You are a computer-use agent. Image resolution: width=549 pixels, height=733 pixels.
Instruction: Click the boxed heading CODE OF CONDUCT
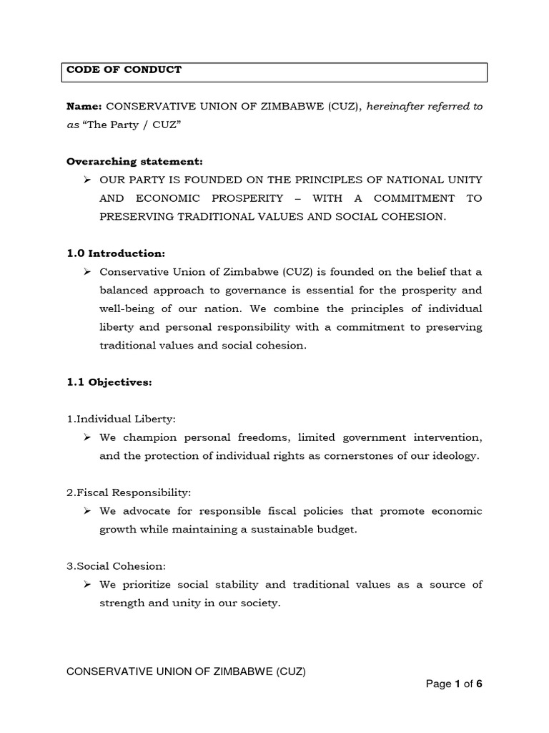point(124,70)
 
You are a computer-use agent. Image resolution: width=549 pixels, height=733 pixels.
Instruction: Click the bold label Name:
point(84,107)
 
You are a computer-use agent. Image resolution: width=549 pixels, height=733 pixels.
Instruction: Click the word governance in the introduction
point(251,290)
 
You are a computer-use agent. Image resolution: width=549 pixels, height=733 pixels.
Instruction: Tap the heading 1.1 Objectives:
point(109,382)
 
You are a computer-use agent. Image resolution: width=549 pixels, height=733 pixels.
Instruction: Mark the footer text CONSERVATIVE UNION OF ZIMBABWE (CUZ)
point(186,671)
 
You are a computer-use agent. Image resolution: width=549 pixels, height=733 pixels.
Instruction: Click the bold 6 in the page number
point(480,684)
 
